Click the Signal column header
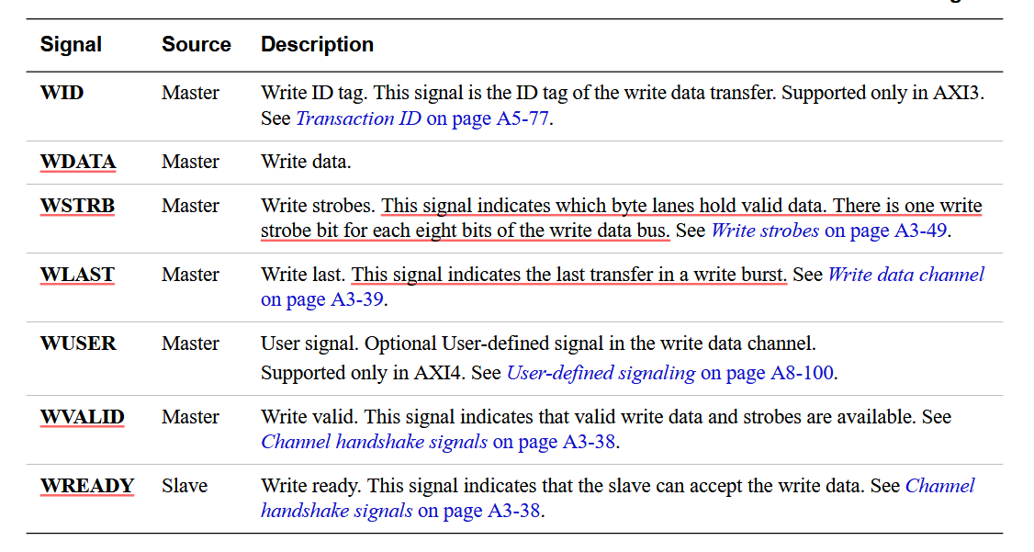(x=71, y=44)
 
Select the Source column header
(x=196, y=44)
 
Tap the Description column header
(x=317, y=44)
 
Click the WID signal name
(x=62, y=93)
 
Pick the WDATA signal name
(x=78, y=162)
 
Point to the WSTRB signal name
(x=77, y=206)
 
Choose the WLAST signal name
(x=77, y=275)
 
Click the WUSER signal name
(x=78, y=344)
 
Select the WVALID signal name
(x=82, y=417)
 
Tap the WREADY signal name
(x=87, y=486)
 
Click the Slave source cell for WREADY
(x=185, y=486)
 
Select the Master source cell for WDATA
(x=190, y=162)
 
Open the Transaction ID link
(x=357, y=118)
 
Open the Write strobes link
(x=765, y=231)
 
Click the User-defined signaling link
(x=601, y=373)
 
